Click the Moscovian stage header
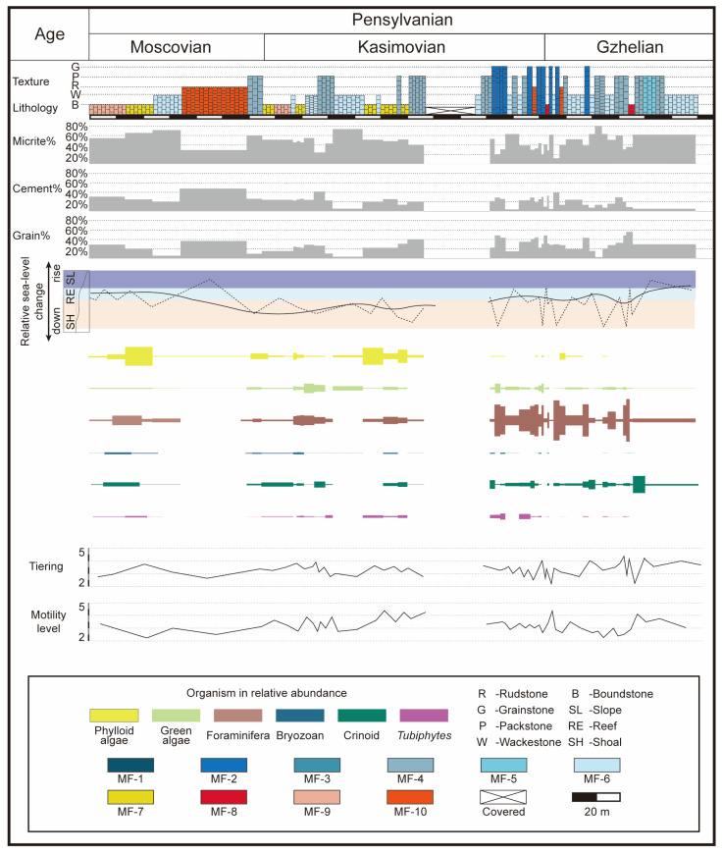(170, 47)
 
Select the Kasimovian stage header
(401, 47)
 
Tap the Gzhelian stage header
(630, 47)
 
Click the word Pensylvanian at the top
(402, 20)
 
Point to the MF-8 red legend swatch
(224, 797)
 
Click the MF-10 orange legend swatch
(410, 797)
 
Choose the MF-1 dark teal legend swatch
(130, 765)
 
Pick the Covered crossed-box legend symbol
(503, 797)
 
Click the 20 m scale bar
(595, 797)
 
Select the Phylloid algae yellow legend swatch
(114, 716)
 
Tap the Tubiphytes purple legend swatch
(424, 716)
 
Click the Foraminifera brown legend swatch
(237, 716)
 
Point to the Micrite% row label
(33, 141)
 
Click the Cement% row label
(36, 188)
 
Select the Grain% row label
(31, 236)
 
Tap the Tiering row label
(46, 566)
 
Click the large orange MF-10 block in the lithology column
(214, 101)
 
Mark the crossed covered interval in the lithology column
(450, 111)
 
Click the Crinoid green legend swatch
(362, 716)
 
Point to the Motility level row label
(48, 621)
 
